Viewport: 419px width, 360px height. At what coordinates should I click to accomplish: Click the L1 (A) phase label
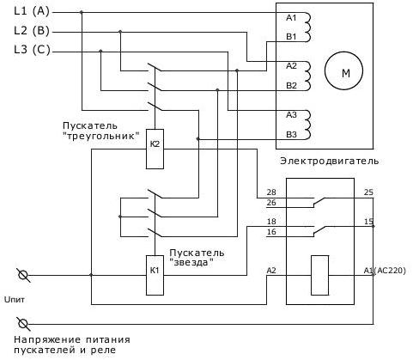[32, 11]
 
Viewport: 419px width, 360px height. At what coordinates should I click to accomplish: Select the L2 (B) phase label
[32, 30]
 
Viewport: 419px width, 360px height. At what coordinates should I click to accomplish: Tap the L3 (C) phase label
[32, 50]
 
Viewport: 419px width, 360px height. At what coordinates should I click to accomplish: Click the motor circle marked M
[343, 70]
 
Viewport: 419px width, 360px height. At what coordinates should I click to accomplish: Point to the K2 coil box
[155, 149]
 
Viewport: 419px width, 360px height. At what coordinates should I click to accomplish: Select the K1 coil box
[155, 275]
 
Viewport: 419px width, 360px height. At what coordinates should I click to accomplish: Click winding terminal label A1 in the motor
[291, 18]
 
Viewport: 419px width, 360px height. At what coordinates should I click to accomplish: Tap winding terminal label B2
[291, 86]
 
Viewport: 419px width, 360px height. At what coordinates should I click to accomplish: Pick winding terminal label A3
[291, 115]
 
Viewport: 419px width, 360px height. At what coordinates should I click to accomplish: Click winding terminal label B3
[291, 134]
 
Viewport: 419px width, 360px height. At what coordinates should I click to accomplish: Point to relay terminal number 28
[271, 192]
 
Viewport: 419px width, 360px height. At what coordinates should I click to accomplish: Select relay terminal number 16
[271, 232]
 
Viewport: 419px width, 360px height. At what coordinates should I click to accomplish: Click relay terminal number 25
[368, 192]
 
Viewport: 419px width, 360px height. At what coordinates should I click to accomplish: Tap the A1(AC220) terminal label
[385, 271]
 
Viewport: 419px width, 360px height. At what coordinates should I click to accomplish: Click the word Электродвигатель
[330, 161]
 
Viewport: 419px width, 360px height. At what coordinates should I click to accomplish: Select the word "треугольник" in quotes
[101, 136]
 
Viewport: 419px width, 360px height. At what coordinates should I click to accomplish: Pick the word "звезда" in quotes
[191, 262]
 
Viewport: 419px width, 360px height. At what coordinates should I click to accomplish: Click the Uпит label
[15, 300]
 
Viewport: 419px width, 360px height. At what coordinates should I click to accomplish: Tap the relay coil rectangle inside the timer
[319, 275]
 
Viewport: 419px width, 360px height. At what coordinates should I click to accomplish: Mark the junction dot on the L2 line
[120, 31]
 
